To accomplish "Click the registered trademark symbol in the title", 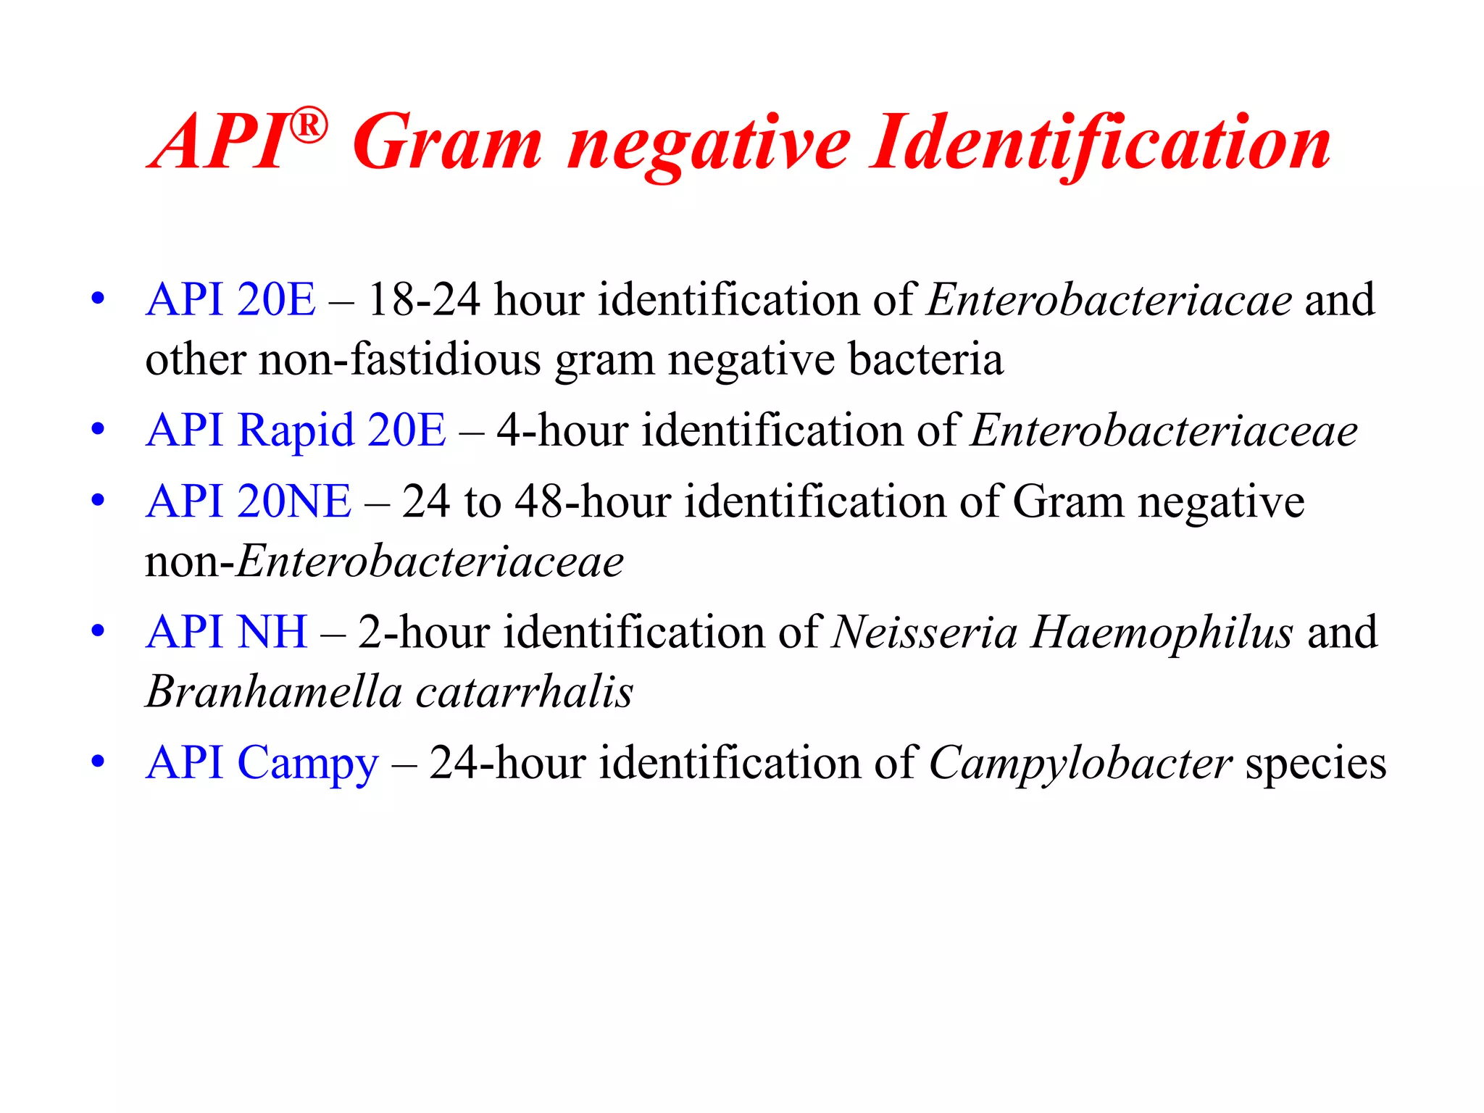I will click(x=309, y=126).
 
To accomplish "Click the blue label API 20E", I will click(x=230, y=299).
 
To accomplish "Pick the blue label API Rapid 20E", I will click(x=296, y=430).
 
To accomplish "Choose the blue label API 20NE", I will click(x=249, y=501).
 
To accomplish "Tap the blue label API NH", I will click(x=227, y=632).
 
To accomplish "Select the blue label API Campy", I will click(x=262, y=764).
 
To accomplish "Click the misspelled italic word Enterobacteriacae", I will click(x=1109, y=299).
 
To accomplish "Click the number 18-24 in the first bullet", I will click(x=424, y=299).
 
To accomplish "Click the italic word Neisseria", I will click(x=925, y=632).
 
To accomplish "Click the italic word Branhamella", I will click(x=274, y=691).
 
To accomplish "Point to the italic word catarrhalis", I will click(x=525, y=691).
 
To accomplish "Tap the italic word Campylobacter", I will click(x=1080, y=764).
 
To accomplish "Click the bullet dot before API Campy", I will click(x=98, y=762).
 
